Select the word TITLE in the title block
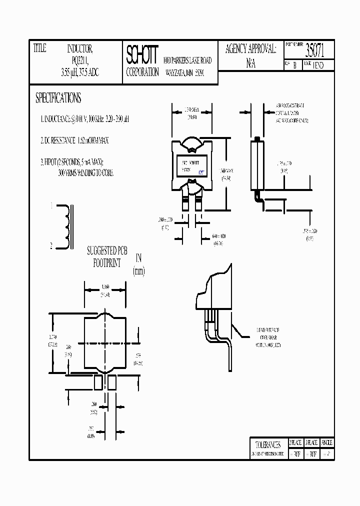[39, 48]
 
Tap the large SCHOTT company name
[142, 53]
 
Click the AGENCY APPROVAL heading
[250, 49]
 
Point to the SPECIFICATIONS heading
[58, 98]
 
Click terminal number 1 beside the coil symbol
[50, 205]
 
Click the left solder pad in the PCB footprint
[98, 382]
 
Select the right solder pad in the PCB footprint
[111, 382]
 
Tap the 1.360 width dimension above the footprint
[104, 287]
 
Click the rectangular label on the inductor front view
[192, 165]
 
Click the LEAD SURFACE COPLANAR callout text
[268, 337]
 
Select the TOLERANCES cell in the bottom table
[267, 443]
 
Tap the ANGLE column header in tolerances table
[326, 443]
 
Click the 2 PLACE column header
[295, 443]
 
